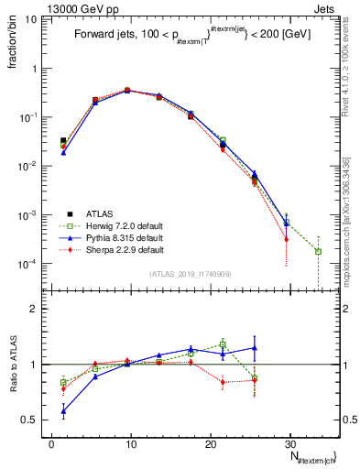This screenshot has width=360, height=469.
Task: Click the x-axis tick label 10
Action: pyautogui.click(x=131, y=442)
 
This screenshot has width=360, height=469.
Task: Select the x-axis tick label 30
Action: pyautogui.click(x=289, y=442)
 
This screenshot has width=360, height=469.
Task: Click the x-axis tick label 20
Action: pyautogui.click(x=210, y=442)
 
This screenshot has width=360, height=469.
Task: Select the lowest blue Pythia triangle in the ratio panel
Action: pyautogui.click(x=63, y=411)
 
